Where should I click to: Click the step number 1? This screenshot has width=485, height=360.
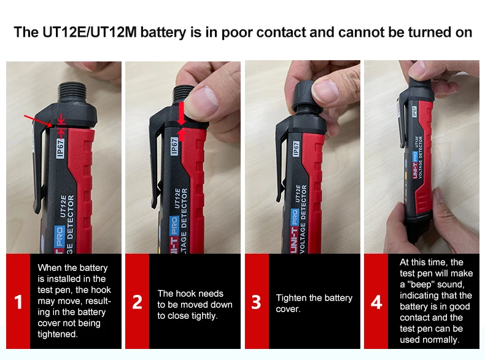tap(18, 302)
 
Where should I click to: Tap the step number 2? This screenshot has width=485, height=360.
tap(138, 302)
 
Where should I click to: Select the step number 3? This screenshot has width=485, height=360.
tap(256, 302)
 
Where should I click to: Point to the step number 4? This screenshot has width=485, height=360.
tap(376, 302)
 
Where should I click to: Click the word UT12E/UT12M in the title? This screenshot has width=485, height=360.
tap(90, 32)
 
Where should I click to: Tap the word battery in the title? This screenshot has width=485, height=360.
tap(163, 33)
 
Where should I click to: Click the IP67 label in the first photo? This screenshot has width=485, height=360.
tap(61, 149)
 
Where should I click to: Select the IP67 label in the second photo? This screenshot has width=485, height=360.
tap(174, 146)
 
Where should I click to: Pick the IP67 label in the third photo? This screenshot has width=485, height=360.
tap(296, 149)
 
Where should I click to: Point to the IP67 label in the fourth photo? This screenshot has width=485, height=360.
tap(414, 112)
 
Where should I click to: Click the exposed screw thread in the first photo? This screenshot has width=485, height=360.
tap(73, 93)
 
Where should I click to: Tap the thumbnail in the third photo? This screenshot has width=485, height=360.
tap(325, 91)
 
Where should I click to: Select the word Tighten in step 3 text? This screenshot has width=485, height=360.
tap(290, 298)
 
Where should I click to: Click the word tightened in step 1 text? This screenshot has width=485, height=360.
tap(58, 334)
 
